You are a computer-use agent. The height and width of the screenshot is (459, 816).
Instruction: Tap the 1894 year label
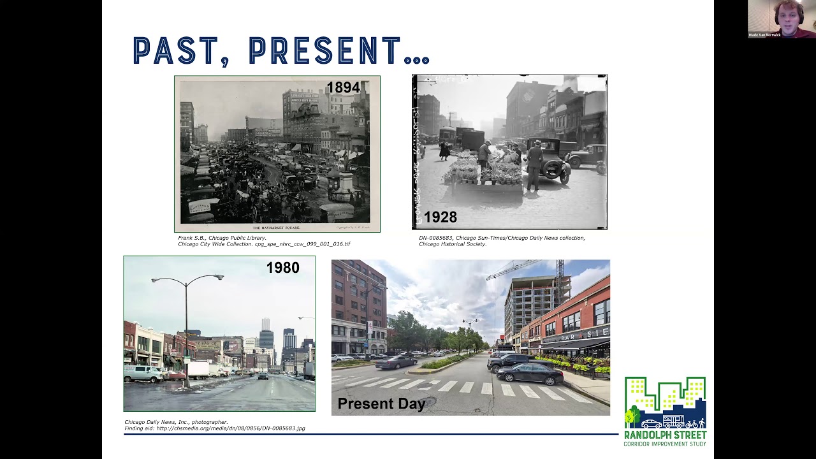[x=343, y=88]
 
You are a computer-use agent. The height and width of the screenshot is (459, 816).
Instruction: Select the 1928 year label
[x=440, y=217]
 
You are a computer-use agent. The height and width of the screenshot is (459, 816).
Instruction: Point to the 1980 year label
[x=282, y=268]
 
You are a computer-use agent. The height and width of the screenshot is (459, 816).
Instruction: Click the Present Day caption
[x=381, y=404]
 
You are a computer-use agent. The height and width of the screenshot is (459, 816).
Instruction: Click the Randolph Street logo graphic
[x=665, y=403]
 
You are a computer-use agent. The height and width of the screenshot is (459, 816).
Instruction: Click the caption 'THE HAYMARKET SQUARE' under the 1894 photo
[x=277, y=228]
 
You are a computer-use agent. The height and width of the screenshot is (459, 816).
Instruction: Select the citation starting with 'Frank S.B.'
[x=222, y=238]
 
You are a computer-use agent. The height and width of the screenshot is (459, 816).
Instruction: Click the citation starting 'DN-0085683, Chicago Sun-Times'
[x=502, y=238]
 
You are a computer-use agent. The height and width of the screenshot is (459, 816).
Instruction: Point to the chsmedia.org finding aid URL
[x=230, y=428]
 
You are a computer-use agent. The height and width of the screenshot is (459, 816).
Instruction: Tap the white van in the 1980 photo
[x=143, y=373]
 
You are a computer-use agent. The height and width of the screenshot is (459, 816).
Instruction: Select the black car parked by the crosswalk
[x=530, y=374]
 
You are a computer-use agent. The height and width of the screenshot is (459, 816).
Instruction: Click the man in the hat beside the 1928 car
[x=534, y=163]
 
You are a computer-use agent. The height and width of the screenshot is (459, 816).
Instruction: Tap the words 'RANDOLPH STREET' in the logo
[x=665, y=435]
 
